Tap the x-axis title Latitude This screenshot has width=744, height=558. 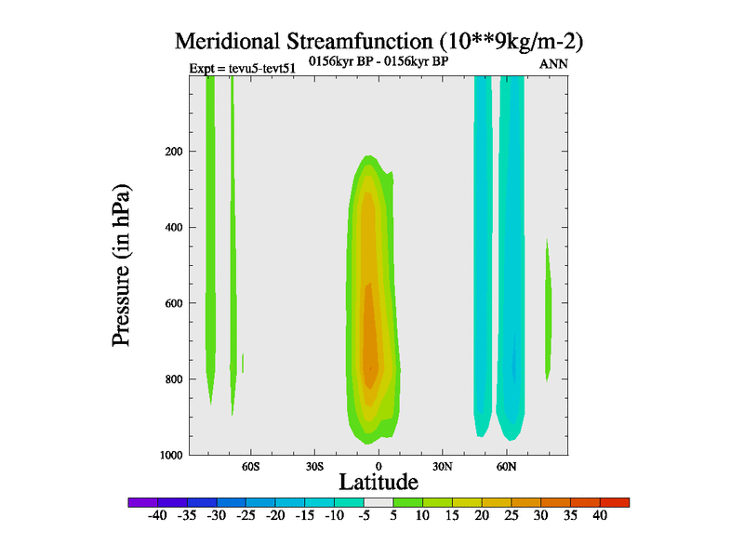pyautogui.click(x=379, y=482)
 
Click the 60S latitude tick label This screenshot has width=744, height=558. pyautogui.click(x=250, y=465)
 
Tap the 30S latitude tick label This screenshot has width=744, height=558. pyautogui.click(x=314, y=465)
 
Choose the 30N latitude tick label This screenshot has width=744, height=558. pyautogui.click(x=443, y=465)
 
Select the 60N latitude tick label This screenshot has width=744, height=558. pyautogui.click(x=507, y=465)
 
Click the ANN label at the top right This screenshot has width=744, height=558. pyautogui.click(x=553, y=65)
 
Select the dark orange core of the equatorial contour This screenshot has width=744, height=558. pyautogui.click(x=369, y=344)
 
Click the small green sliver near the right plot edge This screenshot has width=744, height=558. pyautogui.click(x=548, y=307)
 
